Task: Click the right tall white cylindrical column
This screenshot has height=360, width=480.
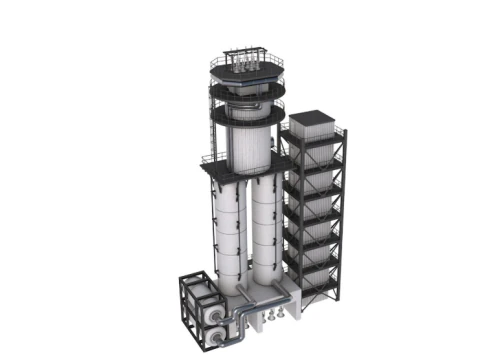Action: [x=267, y=236]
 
